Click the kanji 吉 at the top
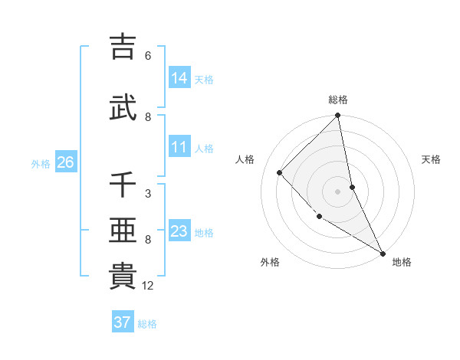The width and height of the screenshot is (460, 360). point(123,46)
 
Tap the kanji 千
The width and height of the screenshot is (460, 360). point(123,185)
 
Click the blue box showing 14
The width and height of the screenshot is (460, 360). point(179,78)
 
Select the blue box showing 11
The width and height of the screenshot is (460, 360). point(179,147)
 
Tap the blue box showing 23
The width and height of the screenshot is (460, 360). point(179,232)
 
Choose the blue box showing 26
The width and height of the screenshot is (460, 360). point(65,162)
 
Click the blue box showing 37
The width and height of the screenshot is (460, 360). point(123,322)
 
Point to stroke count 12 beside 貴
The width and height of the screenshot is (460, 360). point(149,286)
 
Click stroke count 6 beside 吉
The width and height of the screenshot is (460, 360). point(148,56)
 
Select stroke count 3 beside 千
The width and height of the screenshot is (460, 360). point(148,194)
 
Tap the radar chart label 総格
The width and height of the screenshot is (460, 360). point(338,100)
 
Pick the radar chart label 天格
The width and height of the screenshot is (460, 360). point(432,159)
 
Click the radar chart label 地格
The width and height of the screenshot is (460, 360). point(402,263)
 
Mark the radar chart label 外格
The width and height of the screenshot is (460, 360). point(270,263)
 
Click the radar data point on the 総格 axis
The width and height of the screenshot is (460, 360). point(338,116)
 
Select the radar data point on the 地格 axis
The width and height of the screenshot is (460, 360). point(382,252)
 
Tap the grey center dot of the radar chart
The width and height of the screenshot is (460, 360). point(338,191)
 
